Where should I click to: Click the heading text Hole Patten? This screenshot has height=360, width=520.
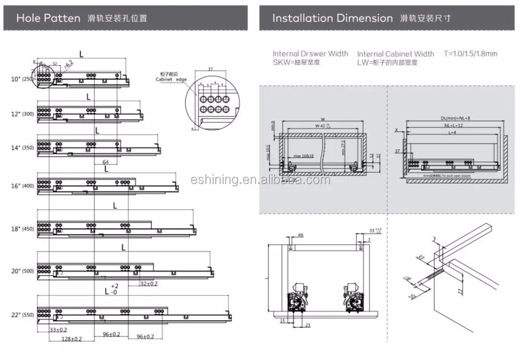click(48, 18)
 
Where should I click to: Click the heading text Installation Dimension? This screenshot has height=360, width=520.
click(333, 18)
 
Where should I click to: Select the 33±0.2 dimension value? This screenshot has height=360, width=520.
click(58, 329)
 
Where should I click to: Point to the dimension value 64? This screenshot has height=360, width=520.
click(106, 162)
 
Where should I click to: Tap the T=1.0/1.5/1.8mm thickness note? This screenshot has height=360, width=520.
click(470, 54)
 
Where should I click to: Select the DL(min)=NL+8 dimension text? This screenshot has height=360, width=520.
click(454, 118)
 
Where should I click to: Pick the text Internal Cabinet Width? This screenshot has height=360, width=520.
click(396, 54)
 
